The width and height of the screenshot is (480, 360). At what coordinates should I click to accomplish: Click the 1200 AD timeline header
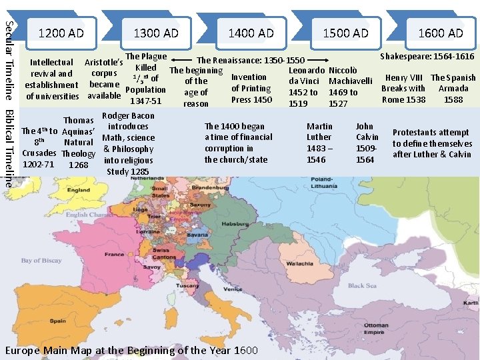pyautogui.click(x=61, y=33)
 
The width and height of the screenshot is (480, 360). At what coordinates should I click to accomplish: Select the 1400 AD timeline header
pyautogui.click(x=251, y=33)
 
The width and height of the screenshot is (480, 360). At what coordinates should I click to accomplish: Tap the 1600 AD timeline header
pyautogui.click(x=440, y=33)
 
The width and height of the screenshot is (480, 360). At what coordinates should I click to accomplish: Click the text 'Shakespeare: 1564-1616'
pyautogui.click(x=427, y=57)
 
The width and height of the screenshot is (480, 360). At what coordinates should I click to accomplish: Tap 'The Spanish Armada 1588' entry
pyautogui.click(x=453, y=89)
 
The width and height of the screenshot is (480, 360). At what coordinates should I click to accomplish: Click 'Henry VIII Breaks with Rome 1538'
pyautogui.click(x=403, y=89)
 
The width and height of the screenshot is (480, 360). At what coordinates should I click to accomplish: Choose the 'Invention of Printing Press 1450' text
pyautogui.click(x=251, y=89)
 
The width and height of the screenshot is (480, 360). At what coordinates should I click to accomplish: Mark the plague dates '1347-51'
pyautogui.click(x=145, y=101)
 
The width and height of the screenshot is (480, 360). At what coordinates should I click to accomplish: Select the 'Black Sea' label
pyautogui.click(x=362, y=286)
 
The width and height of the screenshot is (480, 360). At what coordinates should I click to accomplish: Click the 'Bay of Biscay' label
pyautogui.click(x=40, y=261)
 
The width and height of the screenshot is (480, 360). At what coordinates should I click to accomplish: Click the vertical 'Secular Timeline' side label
pyautogui.click(x=8, y=60)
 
